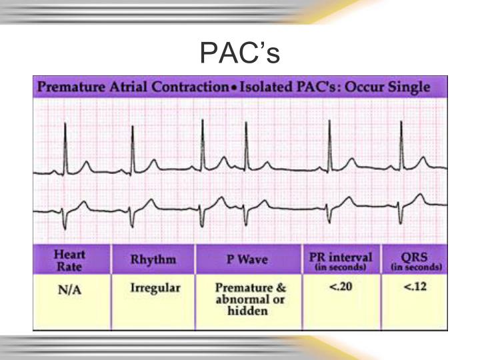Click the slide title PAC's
(x=239, y=53)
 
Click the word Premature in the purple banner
(x=66, y=87)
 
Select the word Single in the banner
(x=407, y=87)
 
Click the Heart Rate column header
(x=70, y=259)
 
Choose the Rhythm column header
(x=153, y=260)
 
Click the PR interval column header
(x=341, y=259)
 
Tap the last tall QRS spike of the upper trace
(x=401, y=143)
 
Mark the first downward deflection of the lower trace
(x=63, y=222)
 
